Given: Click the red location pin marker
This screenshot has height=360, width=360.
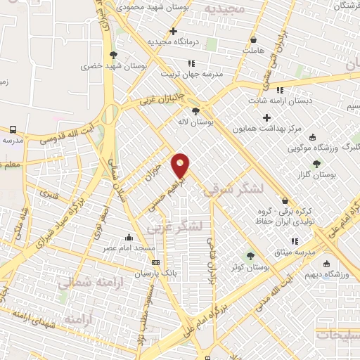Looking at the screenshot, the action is point(181,165).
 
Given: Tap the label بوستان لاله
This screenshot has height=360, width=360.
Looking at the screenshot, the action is point(215,121).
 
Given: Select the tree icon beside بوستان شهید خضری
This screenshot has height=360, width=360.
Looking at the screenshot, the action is point(112,54).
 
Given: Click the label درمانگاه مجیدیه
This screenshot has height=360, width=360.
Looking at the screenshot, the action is point(173,41).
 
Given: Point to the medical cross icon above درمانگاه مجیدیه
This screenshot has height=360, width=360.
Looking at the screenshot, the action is point(173,31).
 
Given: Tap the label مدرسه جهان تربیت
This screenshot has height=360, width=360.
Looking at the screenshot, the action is point(191,73).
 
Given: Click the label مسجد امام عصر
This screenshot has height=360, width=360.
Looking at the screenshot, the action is point(129,248).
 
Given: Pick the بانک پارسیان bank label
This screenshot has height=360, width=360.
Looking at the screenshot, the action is point(155,273).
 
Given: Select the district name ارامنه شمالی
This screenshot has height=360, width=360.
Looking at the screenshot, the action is point(86,283).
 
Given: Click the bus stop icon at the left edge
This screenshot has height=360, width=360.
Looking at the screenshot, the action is point(13,129).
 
